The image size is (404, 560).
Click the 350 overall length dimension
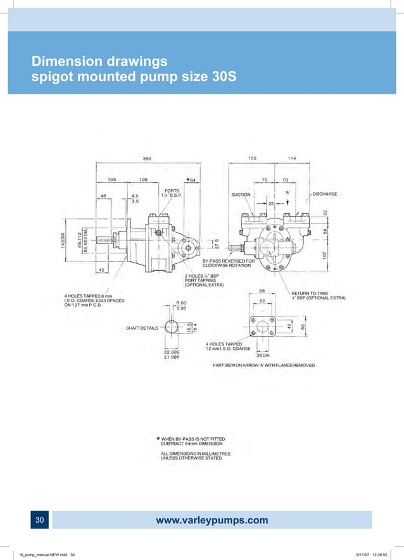click(146, 159)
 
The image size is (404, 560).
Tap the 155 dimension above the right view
click(252, 159)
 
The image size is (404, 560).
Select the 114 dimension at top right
click(291, 159)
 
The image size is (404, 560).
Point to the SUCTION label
click(241, 194)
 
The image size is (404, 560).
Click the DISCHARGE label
click(324, 194)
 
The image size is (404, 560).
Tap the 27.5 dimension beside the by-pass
click(216, 243)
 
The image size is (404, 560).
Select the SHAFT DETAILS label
click(142, 328)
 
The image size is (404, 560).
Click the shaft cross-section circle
click(172, 328)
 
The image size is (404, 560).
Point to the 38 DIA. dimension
click(263, 356)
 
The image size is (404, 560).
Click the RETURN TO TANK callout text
click(309, 293)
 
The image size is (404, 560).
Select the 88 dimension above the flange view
click(261, 291)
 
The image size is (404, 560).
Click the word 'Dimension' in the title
click(67, 61)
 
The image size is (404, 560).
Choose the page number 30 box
click(39, 520)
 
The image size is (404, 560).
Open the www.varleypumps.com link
click(211, 521)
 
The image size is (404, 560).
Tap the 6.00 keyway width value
click(182, 302)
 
